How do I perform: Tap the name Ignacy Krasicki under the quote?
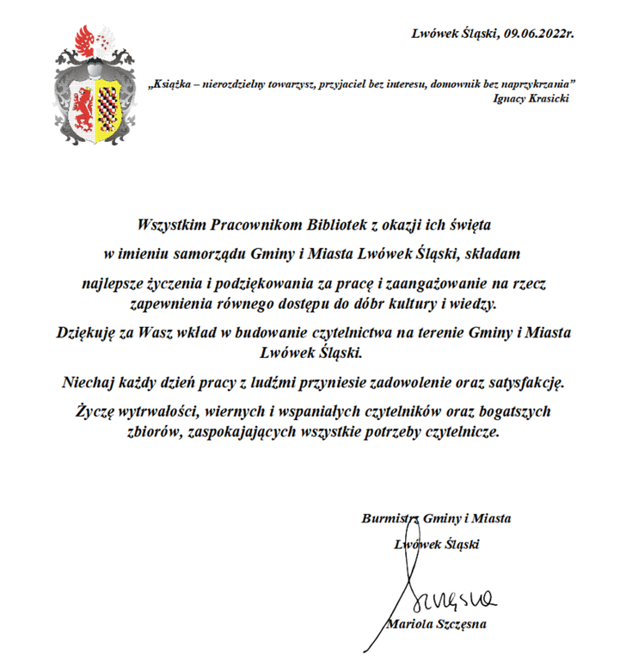531,98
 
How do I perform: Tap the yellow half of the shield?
109,105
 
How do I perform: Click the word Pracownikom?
249,225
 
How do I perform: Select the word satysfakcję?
528,380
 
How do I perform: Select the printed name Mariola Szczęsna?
439,624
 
